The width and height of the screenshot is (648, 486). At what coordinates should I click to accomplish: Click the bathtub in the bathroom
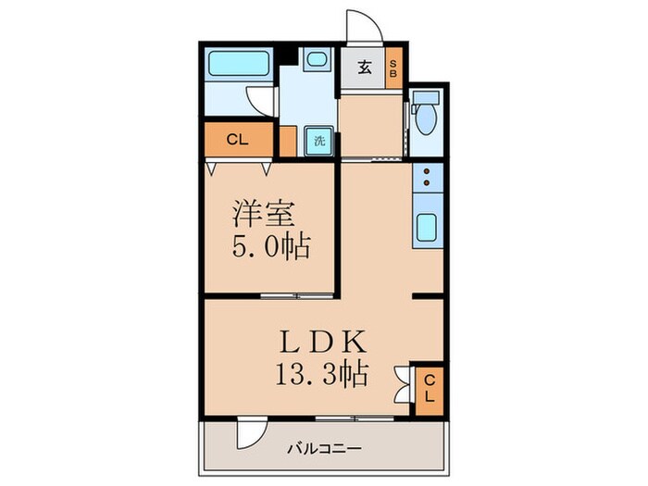238,65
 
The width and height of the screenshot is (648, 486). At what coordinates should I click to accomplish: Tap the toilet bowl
427,121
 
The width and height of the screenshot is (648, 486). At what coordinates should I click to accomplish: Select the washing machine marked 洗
318,142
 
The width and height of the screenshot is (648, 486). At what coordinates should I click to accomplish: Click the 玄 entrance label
364,67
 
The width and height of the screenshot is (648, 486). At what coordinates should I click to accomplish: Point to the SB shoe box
393,67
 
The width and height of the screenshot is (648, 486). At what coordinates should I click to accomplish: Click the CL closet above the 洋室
238,141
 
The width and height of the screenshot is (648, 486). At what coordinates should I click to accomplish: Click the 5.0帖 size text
269,248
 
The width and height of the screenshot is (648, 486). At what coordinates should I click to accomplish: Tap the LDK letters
327,343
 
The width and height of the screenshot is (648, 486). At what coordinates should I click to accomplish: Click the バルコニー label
324,450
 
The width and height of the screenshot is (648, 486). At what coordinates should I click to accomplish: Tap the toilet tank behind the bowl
427,99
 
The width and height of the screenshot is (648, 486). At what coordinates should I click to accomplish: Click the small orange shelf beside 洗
288,142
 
